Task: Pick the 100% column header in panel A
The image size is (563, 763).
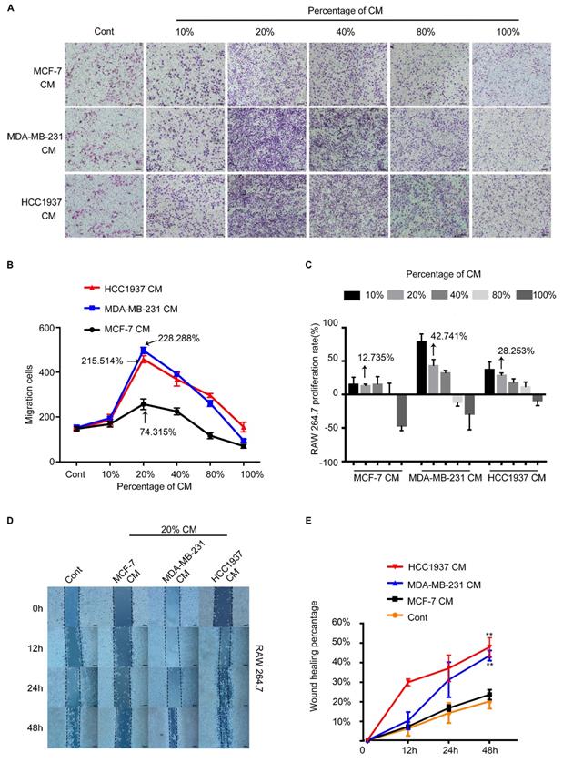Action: (508, 32)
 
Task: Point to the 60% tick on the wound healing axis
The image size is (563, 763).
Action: (345, 622)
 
